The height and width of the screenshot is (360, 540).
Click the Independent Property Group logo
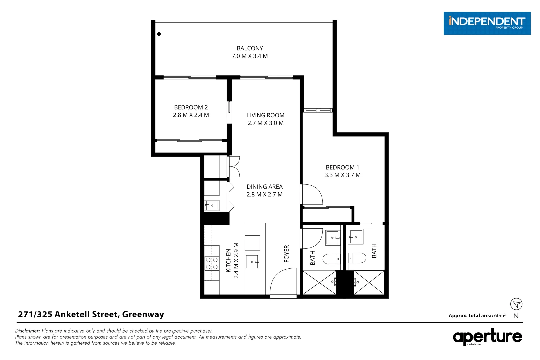[486, 23]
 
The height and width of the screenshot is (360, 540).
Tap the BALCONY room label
[250, 48]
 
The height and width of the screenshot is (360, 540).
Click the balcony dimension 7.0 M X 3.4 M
[250, 56]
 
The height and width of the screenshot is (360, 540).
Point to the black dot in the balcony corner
[159, 34]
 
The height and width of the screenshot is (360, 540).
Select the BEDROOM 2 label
[191, 107]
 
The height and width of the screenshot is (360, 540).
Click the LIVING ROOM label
[265, 115]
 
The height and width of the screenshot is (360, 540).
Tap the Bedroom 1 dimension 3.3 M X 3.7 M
[342, 175]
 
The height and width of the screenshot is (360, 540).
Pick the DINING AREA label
[264, 187]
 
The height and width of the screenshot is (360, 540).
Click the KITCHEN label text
[228, 260]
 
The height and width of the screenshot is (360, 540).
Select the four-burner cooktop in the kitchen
[212, 263]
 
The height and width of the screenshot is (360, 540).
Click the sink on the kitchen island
[252, 262]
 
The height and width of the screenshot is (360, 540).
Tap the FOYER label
[286, 254]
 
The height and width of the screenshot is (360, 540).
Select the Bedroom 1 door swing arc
[313, 194]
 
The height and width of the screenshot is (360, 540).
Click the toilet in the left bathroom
[331, 259]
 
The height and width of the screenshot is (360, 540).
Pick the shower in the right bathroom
[369, 283]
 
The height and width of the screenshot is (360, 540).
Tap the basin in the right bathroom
[356, 237]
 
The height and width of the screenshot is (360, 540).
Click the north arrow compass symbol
[516, 304]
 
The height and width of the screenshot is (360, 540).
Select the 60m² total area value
[500, 316]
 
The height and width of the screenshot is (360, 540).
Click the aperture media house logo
[487, 337]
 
